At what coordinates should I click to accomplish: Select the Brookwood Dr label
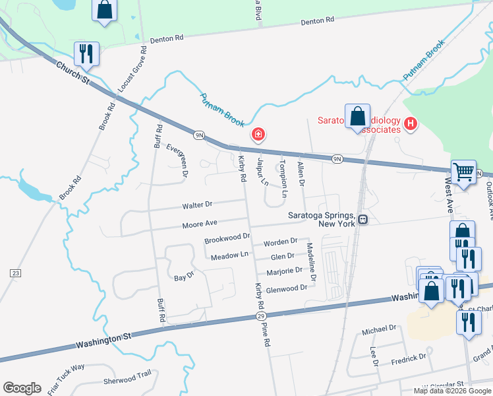[x=227, y=236]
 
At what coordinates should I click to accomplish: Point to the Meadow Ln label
[x=229, y=255]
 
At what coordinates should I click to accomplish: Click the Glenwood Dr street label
[x=287, y=288]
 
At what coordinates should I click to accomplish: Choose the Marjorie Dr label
[x=284, y=271]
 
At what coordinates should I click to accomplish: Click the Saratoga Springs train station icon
[x=362, y=219]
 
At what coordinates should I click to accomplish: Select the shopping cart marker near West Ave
[x=463, y=172]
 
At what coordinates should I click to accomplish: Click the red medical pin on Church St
[x=258, y=135]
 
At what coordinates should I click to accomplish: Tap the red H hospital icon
[x=411, y=123]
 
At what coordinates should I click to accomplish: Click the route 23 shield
[x=14, y=273]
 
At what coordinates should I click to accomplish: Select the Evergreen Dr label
[x=177, y=161]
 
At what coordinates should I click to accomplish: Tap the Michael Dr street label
[x=383, y=328]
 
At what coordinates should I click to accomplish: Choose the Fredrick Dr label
[x=409, y=358]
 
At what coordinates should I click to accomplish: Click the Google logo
[x=22, y=388]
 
